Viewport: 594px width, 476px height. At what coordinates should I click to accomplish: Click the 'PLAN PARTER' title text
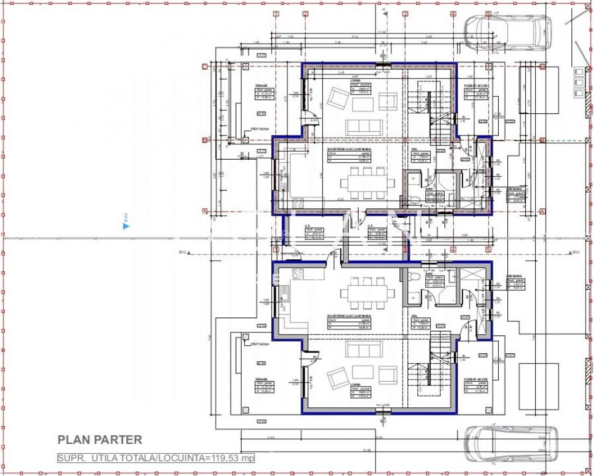99,440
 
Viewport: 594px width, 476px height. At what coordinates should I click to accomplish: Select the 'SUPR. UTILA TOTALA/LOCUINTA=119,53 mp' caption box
156,457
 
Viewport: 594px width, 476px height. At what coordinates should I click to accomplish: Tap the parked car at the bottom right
510,444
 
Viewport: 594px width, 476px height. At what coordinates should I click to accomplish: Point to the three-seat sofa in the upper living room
364,127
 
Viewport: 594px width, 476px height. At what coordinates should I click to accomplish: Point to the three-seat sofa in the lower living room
364,349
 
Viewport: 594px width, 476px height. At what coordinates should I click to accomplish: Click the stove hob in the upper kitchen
297,202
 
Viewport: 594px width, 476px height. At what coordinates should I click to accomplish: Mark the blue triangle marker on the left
126,226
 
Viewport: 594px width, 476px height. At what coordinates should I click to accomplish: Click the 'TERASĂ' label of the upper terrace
261,85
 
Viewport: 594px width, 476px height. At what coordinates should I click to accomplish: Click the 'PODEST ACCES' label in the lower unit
475,380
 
